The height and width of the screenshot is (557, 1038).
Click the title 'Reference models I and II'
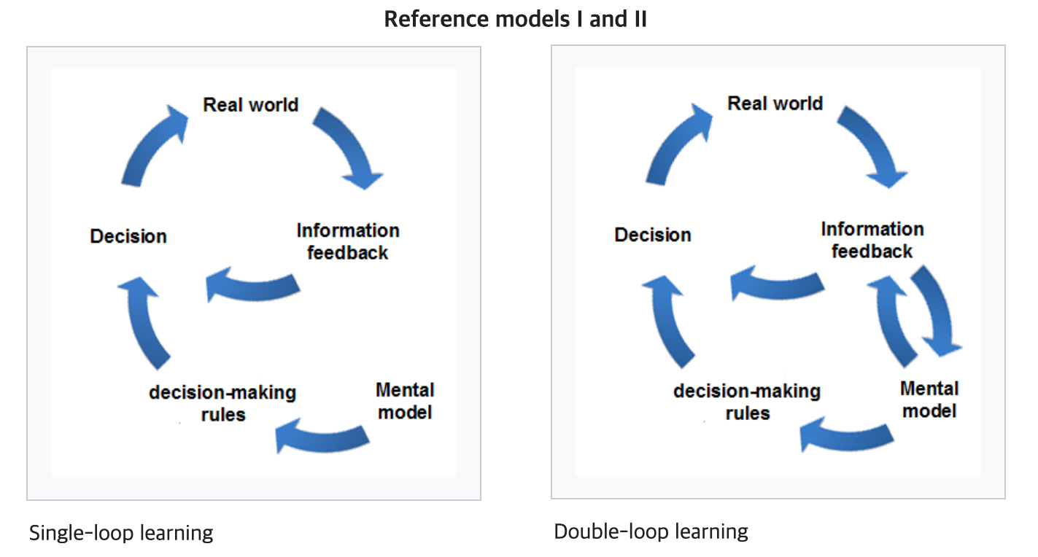click(x=515, y=19)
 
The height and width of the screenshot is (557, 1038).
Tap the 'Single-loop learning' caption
click(x=121, y=533)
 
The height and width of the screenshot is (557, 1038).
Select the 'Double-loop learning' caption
click(x=651, y=531)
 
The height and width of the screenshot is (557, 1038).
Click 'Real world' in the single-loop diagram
click(x=251, y=105)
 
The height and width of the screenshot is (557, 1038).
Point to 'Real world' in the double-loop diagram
click(x=775, y=104)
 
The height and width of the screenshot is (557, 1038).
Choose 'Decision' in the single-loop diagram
click(x=128, y=236)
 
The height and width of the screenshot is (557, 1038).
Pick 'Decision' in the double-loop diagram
click(x=653, y=235)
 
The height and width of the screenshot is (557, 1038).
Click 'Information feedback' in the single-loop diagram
click(x=348, y=242)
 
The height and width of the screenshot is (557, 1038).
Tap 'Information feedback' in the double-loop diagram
click(x=872, y=241)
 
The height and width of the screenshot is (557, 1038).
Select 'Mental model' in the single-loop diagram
click(x=405, y=401)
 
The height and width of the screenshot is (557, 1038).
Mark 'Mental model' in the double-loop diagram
click(x=929, y=400)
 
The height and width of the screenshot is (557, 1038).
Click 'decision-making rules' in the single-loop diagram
click(x=222, y=403)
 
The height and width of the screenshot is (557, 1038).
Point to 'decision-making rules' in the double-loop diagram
click(x=747, y=402)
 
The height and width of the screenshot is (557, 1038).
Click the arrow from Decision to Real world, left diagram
click(x=147, y=144)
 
